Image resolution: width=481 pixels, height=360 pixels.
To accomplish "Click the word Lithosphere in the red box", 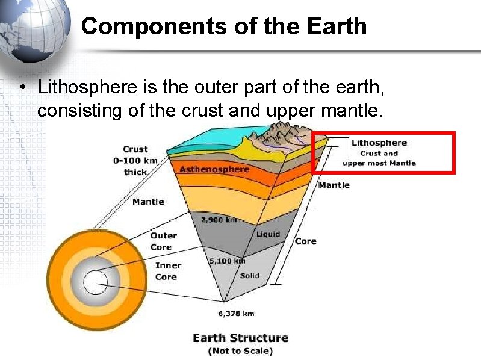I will click(379, 143).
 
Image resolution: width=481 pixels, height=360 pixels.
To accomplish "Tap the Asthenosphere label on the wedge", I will click(214, 169).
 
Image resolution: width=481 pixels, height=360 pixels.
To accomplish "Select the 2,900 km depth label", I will click(220, 220).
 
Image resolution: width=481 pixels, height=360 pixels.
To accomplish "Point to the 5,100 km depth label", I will click(227, 261).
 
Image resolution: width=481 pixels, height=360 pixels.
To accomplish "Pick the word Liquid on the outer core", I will click(268, 234).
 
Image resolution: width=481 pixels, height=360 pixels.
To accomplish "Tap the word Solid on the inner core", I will click(250, 276).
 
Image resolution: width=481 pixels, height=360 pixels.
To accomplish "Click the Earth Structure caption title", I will click(240, 338).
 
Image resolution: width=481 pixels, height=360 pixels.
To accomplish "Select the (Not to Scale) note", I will click(240, 351).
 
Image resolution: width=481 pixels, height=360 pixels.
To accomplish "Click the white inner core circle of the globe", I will click(94, 281).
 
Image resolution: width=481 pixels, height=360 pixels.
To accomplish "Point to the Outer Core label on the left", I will click(163, 241).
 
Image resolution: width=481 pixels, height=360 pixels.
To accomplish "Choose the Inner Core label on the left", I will click(167, 271).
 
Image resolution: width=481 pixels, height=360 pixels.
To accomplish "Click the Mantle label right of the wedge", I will click(334, 185).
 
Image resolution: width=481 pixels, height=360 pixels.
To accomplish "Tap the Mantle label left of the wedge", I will click(148, 202).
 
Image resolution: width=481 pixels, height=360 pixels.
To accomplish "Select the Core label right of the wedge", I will click(305, 241).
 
